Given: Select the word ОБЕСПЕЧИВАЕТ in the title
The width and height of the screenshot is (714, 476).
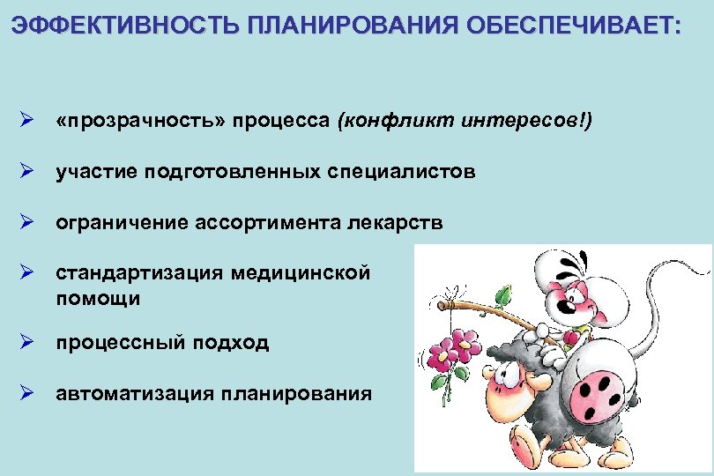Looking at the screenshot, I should [572, 24].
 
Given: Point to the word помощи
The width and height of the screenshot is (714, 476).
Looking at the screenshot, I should [98, 298].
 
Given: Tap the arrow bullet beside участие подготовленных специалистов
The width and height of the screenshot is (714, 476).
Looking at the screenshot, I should [27, 172].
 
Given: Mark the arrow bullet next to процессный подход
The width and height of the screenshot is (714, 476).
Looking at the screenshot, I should [27, 342].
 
